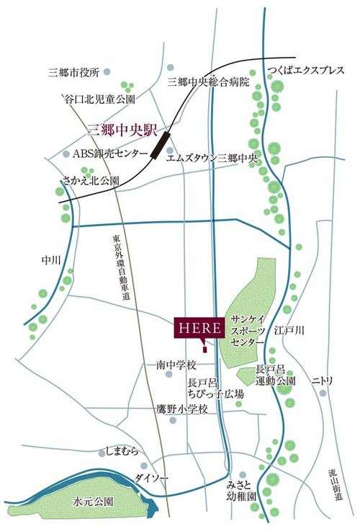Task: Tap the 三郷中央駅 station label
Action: coord(121,130)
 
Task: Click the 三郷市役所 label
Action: coord(73,73)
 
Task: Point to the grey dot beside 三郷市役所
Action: coord(108,72)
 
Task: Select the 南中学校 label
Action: coord(176,366)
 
